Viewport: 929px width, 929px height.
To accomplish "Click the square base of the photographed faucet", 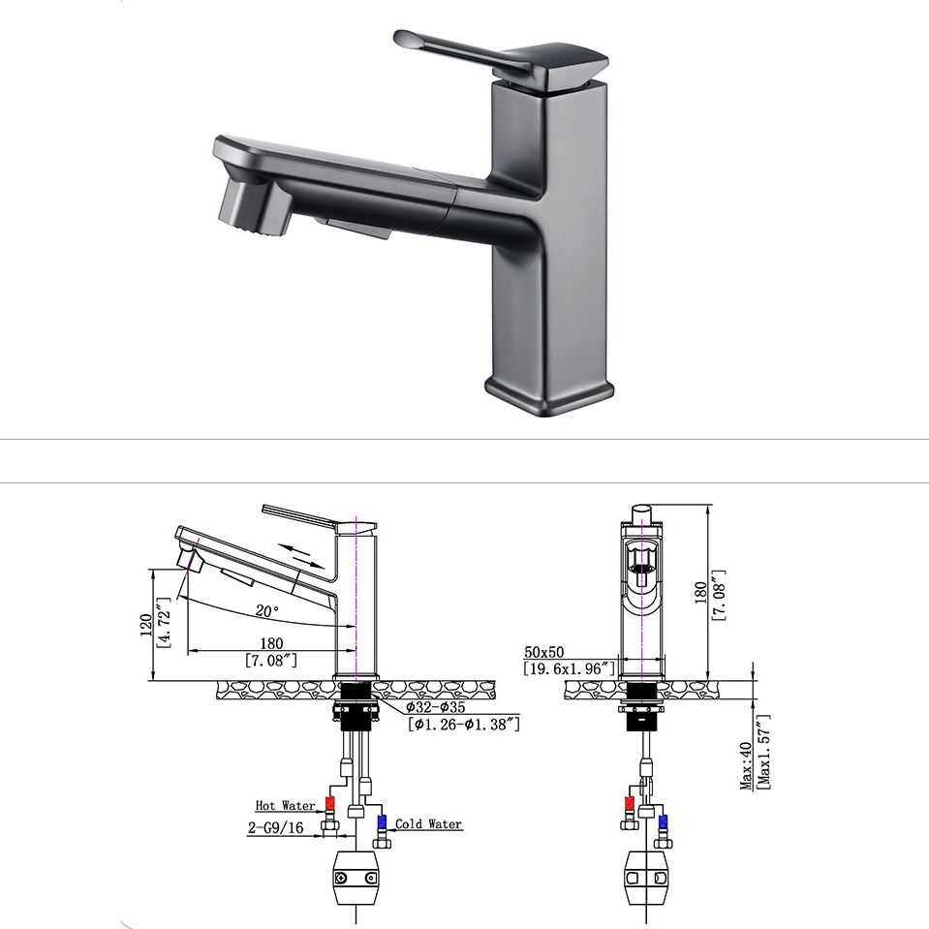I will pos(548,392).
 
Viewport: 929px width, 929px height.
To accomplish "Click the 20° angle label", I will pos(266,611).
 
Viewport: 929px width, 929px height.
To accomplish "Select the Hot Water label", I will pos(285,805).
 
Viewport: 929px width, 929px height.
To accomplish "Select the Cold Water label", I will pos(428,824).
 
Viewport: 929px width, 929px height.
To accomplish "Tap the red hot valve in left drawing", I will pos(330,804).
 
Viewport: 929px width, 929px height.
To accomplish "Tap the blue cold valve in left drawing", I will pos(381,823).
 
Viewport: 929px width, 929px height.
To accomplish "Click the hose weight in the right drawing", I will pos(643,876).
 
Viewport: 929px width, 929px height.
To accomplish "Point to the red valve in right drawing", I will pos(631,803).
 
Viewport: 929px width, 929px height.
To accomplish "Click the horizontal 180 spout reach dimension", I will pos(272,643).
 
